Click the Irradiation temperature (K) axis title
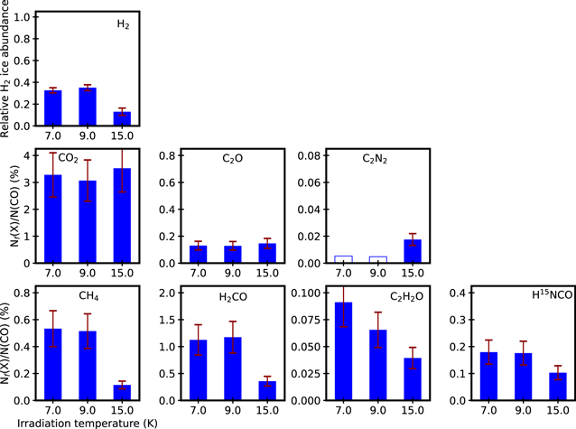[88, 421]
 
